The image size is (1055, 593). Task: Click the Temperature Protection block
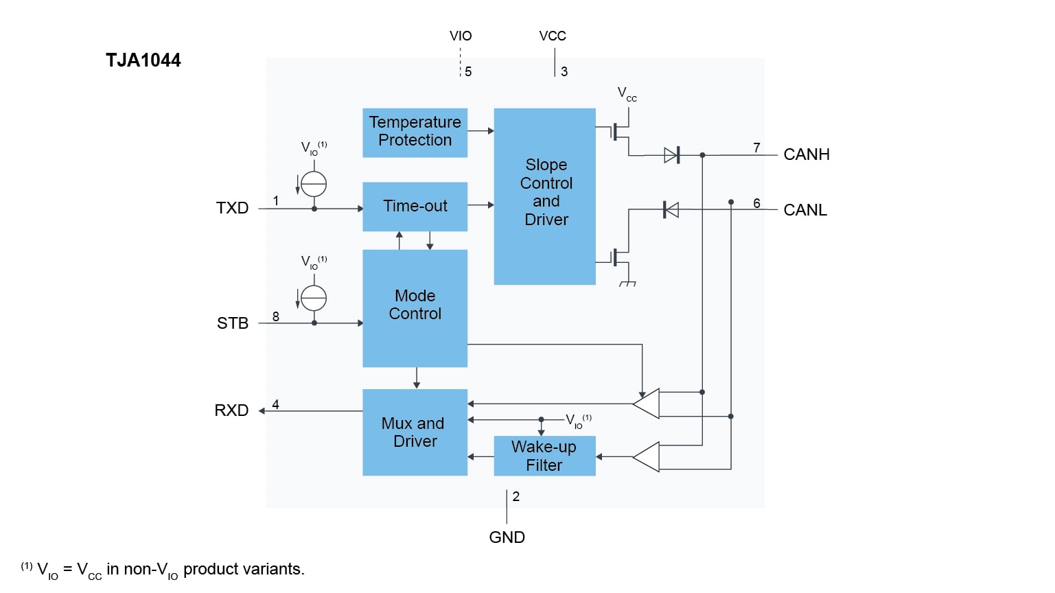coord(415,132)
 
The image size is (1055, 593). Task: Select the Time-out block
coord(415,206)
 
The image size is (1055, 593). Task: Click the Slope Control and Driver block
coord(545,196)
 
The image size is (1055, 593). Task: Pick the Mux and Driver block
coord(415,432)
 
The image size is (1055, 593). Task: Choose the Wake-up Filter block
coord(544,456)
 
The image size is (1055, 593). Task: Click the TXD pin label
coord(232,208)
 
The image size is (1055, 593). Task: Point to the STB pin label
coord(233,323)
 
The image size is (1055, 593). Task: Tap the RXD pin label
coord(231,410)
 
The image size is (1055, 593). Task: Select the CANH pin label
coord(807,154)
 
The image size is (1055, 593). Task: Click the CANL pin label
coord(805,210)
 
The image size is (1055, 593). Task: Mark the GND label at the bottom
coord(507,537)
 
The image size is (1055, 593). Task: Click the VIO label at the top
coord(461,36)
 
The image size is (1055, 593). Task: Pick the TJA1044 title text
coord(143,60)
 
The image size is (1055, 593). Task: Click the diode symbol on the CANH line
coord(672,155)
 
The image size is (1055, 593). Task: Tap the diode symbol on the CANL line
coord(671,209)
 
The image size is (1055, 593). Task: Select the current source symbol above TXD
coord(314,184)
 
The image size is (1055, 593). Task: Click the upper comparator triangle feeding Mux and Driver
coord(647,404)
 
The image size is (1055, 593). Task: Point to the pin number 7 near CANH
coord(756,148)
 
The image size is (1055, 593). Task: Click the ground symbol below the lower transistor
coord(627,283)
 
